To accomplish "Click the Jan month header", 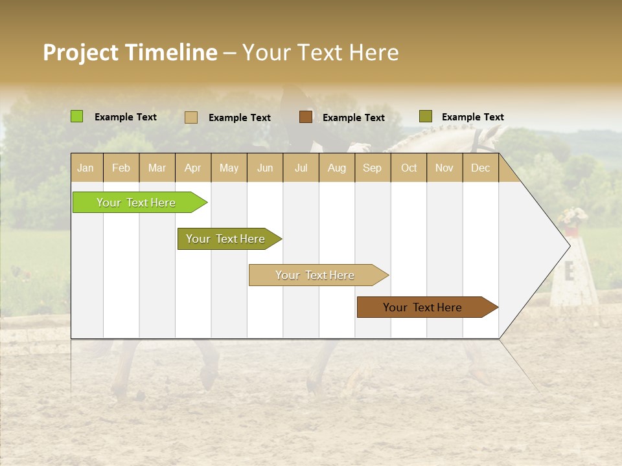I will point(86,168).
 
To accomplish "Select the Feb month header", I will point(121,168).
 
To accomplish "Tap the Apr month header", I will point(192,168).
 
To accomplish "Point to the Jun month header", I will point(265,168).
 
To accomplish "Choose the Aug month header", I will point(336,168).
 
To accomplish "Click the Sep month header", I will point(372,168).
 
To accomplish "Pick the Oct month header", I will point(409,168).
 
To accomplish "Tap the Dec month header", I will point(480,168).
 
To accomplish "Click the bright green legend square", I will point(76,116).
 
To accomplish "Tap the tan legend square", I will point(190,117).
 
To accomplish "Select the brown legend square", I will point(306,116).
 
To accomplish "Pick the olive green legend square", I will point(425,116).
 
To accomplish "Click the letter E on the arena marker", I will point(570,272).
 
